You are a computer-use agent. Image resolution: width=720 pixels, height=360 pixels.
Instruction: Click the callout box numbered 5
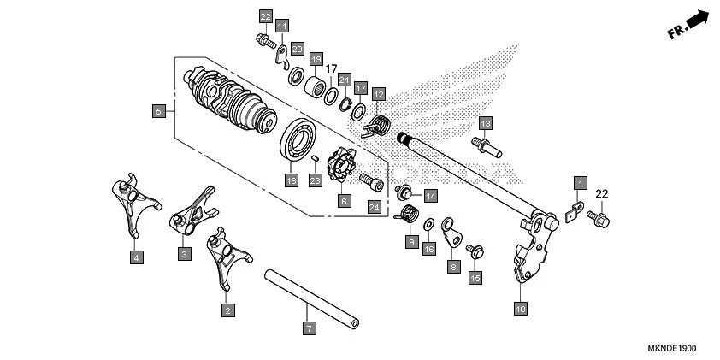pyautogui.click(x=158, y=110)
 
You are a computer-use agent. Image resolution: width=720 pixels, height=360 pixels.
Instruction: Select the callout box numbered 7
pyautogui.click(x=310, y=328)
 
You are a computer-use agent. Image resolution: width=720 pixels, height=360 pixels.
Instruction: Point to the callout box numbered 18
pyautogui.click(x=292, y=180)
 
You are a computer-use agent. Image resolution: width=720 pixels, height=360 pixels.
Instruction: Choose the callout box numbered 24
pyautogui.click(x=373, y=206)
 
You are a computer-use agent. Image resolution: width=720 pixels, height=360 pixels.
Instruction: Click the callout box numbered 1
pyautogui.click(x=580, y=183)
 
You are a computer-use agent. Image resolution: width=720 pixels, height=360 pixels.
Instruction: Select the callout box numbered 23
pyautogui.click(x=316, y=180)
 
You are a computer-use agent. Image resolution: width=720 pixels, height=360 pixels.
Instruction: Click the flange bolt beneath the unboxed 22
pyautogui.click(x=601, y=219)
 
